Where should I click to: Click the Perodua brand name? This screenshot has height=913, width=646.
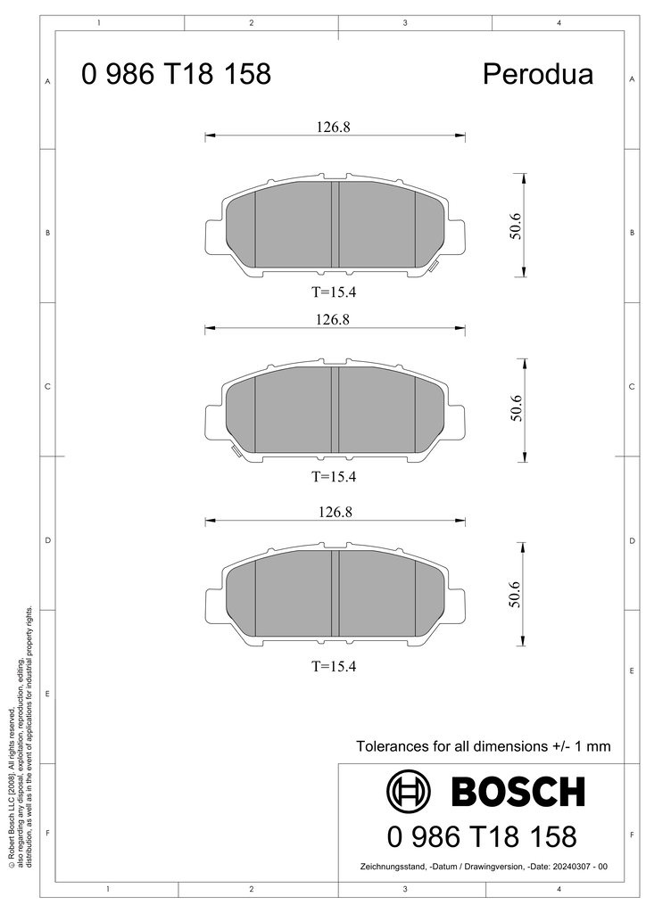pyautogui.click(x=538, y=74)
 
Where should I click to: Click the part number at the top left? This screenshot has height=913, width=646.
pyautogui.click(x=176, y=74)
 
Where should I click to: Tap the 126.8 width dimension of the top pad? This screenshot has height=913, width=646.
pyautogui.click(x=333, y=127)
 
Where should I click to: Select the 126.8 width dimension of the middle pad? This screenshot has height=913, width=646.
pyautogui.click(x=333, y=320)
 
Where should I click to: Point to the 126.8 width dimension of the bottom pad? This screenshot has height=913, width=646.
pyautogui.click(x=335, y=513)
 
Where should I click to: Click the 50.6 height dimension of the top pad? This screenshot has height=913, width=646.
pyautogui.click(x=514, y=226)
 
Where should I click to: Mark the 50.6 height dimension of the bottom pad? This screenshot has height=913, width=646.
pyautogui.click(x=514, y=594)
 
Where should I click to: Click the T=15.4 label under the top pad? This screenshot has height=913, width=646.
pyautogui.click(x=334, y=292)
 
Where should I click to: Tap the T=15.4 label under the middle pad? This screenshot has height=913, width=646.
pyautogui.click(x=334, y=477)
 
